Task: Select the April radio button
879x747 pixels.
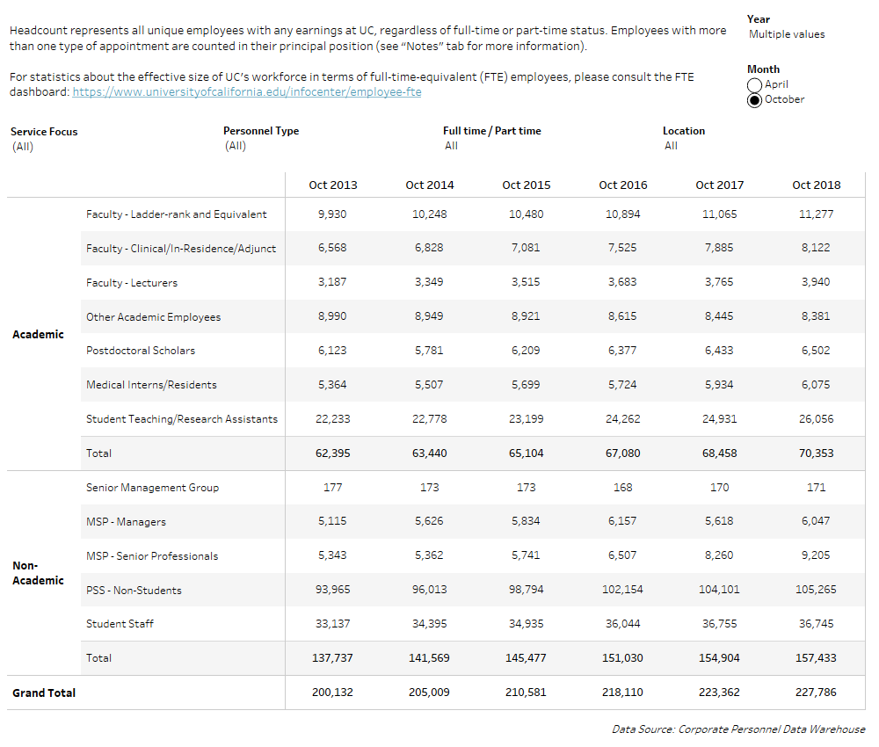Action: point(754,85)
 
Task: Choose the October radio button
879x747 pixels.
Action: point(754,100)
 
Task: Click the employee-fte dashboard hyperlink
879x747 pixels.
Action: point(246,92)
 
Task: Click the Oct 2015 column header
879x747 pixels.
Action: point(526,185)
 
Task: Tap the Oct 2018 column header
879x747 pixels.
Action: point(816,185)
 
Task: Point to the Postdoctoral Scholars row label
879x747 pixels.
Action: point(141,351)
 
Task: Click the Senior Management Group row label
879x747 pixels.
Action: point(152,488)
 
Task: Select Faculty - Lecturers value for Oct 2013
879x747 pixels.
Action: point(332,282)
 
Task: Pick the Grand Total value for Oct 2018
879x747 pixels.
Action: point(816,693)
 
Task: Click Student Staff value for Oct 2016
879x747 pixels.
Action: point(622,624)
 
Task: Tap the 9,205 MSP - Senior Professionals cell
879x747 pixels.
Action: point(816,555)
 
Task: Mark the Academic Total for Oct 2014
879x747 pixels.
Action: point(429,453)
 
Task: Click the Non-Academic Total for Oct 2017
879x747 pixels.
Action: point(719,658)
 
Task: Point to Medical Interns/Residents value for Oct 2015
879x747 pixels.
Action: point(526,385)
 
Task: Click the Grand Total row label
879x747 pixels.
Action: point(44,693)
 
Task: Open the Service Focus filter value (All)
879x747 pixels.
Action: point(23,147)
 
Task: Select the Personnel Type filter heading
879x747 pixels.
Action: point(261,131)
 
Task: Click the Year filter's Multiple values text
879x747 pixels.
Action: point(787,34)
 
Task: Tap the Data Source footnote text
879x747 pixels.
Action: point(738,729)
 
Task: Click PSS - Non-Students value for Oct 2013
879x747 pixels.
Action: point(332,590)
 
